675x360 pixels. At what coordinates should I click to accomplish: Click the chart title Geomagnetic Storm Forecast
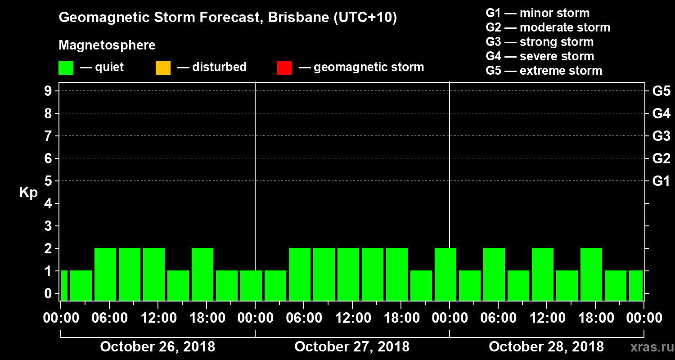tap(228, 18)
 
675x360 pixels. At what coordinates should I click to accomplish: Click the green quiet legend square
tap(66, 67)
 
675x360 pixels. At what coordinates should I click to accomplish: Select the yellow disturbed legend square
tap(163, 67)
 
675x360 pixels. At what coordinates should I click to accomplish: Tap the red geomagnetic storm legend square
tap(284, 67)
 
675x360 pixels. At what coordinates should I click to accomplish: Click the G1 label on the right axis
tap(661, 181)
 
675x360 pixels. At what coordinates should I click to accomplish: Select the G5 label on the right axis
tap(661, 91)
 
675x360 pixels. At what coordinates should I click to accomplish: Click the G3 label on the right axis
tap(661, 136)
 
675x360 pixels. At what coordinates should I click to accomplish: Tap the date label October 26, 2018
tap(157, 347)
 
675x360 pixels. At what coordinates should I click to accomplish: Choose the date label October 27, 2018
tap(352, 347)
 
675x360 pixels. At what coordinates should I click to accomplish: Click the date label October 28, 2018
tap(546, 347)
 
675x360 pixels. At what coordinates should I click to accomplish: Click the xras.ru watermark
tap(648, 347)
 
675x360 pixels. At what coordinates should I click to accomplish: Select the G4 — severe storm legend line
tap(540, 56)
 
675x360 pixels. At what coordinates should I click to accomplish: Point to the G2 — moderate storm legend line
tap(548, 27)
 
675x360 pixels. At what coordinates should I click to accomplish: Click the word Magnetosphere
tap(107, 45)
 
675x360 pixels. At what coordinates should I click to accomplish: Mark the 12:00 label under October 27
tap(352, 318)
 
